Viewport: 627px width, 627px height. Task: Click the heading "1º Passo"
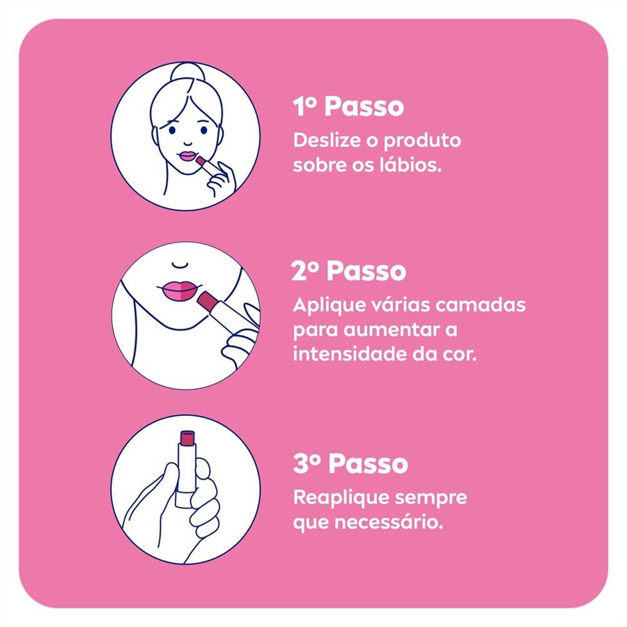tap(348, 107)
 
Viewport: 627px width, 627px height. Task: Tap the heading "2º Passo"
tap(348, 270)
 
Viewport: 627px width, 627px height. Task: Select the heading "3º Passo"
tap(350, 463)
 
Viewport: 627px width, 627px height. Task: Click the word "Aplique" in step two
tap(327, 306)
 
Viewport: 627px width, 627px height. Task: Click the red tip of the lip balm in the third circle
tap(186, 438)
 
